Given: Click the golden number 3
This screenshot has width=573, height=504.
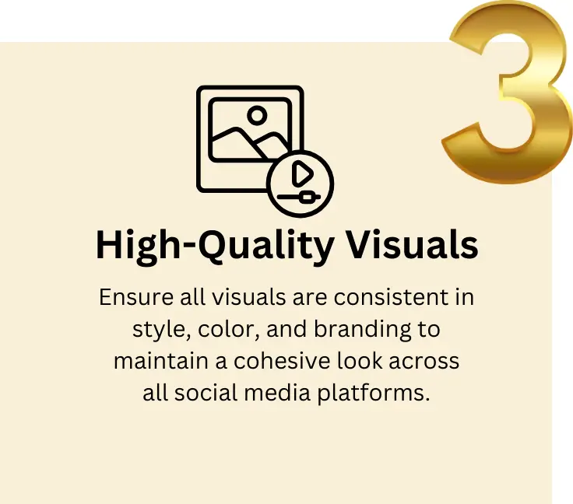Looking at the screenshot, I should [510, 93].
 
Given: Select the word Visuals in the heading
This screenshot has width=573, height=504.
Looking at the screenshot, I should [412, 246].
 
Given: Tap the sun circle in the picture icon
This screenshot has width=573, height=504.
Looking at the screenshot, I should [256, 117].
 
